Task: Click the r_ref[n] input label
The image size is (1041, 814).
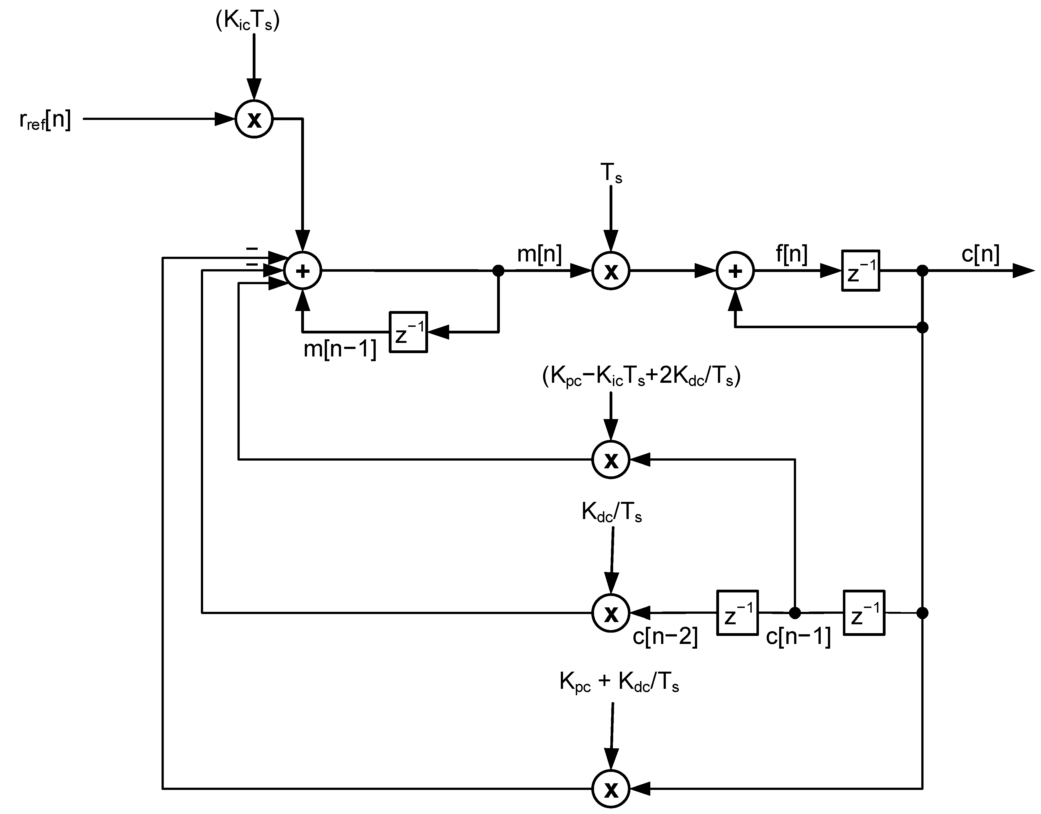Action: pyautogui.click(x=45, y=120)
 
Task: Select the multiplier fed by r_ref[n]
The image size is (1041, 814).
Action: pyautogui.click(x=254, y=119)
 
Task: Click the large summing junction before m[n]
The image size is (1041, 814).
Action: pyautogui.click(x=303, y=271)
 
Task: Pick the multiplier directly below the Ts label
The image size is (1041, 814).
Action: pyautogui.click(x=611, y=271)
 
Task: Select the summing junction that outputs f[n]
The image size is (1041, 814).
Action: pyautogui.click(x=735, y=271)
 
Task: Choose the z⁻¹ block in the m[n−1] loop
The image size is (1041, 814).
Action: pyautogui.click(x=408, y=332)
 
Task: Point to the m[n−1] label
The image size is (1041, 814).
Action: pyautogui.click(x=340, y=349)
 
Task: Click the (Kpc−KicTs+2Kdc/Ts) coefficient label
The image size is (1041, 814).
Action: pyautogui.click(x=641, y=376)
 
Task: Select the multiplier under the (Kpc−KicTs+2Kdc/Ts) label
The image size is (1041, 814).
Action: pyautogui.click(x=611, y=459)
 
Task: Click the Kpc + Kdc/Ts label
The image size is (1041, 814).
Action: pyautogui.click(x=619, y=682)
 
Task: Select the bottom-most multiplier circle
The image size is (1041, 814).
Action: pyautogui.click(x=611, y=789)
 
